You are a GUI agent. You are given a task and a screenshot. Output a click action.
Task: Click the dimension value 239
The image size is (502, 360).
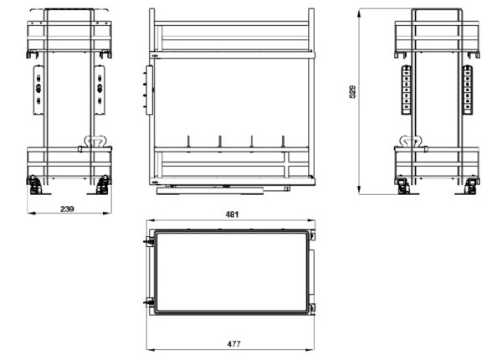[x=67, y=209]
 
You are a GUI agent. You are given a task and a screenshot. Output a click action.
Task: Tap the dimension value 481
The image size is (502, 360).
[x=232, y=214]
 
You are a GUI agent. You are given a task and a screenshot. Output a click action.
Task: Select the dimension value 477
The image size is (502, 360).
[x=233, y=344]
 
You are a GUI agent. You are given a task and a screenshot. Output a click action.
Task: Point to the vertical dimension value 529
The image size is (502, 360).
[x=352, y=92]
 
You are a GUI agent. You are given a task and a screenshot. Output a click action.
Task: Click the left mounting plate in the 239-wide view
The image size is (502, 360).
[x=38, y=90]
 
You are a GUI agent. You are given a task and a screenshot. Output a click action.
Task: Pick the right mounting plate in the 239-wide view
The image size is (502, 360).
[x=100, y=90]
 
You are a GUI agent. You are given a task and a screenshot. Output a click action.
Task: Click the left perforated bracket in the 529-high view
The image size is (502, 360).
[x=406, y=90]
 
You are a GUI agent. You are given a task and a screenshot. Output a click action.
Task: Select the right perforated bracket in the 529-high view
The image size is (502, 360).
[x=468, y=90]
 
